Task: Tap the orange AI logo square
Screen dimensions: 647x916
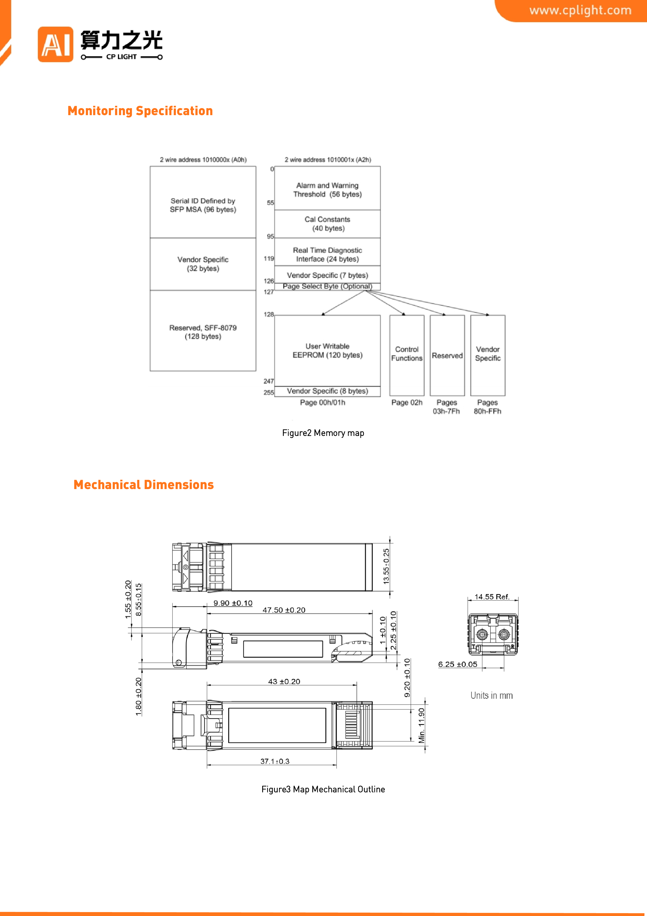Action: click(x=55, y=44)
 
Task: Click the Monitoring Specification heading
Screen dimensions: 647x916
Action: click(x=140, y=111)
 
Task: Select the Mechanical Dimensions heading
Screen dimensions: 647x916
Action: click(x=143, y=485)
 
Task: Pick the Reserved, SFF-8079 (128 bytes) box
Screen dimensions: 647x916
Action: click(x=203, y=331)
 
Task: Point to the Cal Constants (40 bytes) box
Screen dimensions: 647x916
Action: click(x=327, y=224)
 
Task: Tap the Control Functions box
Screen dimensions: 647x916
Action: click(x=407, y=355)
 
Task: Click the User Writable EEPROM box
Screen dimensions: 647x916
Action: click(x=327, y=351)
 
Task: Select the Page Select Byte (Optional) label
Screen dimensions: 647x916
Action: click(x=327, y=286)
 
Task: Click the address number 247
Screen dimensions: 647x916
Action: click(x=269, y=381)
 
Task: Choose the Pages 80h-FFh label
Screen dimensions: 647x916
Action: click(x=488, y=407)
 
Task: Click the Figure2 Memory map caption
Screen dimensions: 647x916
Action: click(x=323, y=433)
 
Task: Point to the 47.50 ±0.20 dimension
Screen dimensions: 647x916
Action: click(x=284, y=610)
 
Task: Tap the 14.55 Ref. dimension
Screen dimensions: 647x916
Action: click(x=492, y=597)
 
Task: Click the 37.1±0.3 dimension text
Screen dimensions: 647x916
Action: click(x=275, y=761)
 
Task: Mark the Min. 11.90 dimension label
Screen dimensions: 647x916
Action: click(x=421, y=725)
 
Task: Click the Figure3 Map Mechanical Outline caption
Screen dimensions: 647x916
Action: click(x=323, y=790)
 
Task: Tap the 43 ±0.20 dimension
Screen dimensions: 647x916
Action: click(x=284, y=682)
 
